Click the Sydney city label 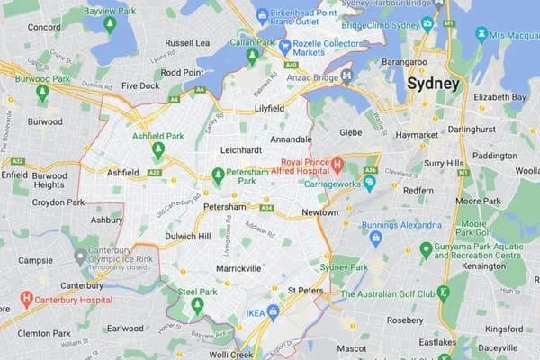433,84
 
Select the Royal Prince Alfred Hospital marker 337,166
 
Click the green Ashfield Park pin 158,149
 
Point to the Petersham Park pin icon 218,175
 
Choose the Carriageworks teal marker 369,184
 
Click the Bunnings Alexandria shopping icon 376,238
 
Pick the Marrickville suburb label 238,268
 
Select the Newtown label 319,212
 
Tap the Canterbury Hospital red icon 26,299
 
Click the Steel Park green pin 197,306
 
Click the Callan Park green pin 252,57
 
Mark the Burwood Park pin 42,92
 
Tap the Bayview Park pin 110,24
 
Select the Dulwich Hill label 187,237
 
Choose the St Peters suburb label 305,291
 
